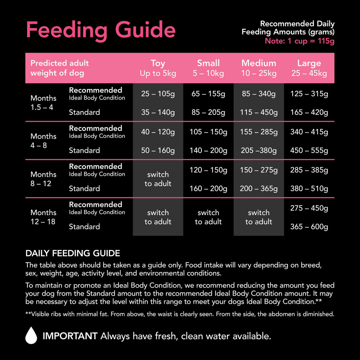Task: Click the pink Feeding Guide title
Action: (x=101, y=30)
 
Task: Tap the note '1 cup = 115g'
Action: (x=300, y=41)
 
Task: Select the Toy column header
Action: (x=158, y=68)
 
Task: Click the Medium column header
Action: (x=259, y=68)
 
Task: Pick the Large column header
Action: (x=309, y=68)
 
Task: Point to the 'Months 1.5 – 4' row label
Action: (x=43, y=103)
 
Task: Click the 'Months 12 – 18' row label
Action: (x=43, y=217)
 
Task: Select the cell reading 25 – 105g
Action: (x=158, y=94)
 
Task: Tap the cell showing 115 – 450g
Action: (x=259, y=112)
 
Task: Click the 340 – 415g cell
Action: (x=309, y=132)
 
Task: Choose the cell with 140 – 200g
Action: (x=208, y=150)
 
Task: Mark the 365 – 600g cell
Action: (x=309, y=227)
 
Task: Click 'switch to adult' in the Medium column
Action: (x=259, y=217)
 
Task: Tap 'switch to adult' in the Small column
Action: (x=208, y=217)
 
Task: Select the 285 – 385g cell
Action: (x=309, y=170)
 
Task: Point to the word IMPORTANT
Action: (x=70, y=336)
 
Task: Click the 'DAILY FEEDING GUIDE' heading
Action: (x=73, y=253)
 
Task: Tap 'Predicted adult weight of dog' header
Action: (x=59, y=68)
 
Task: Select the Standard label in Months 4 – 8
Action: (x=84, y=150)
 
